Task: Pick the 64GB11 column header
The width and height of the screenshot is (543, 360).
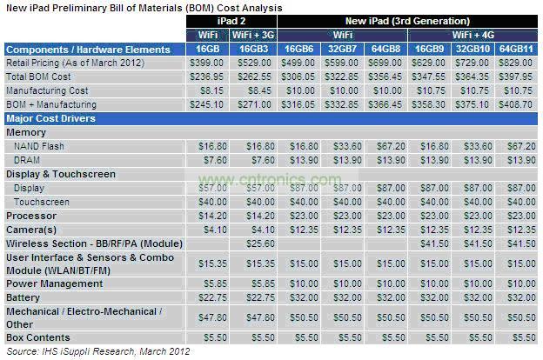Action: click(515, 50)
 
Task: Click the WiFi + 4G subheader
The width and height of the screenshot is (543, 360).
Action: click(475, 34)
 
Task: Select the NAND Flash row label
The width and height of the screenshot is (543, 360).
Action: click(39, 146)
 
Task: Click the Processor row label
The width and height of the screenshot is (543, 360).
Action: click(31, 216)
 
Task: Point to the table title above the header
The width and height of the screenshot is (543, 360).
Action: click(144, 6)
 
